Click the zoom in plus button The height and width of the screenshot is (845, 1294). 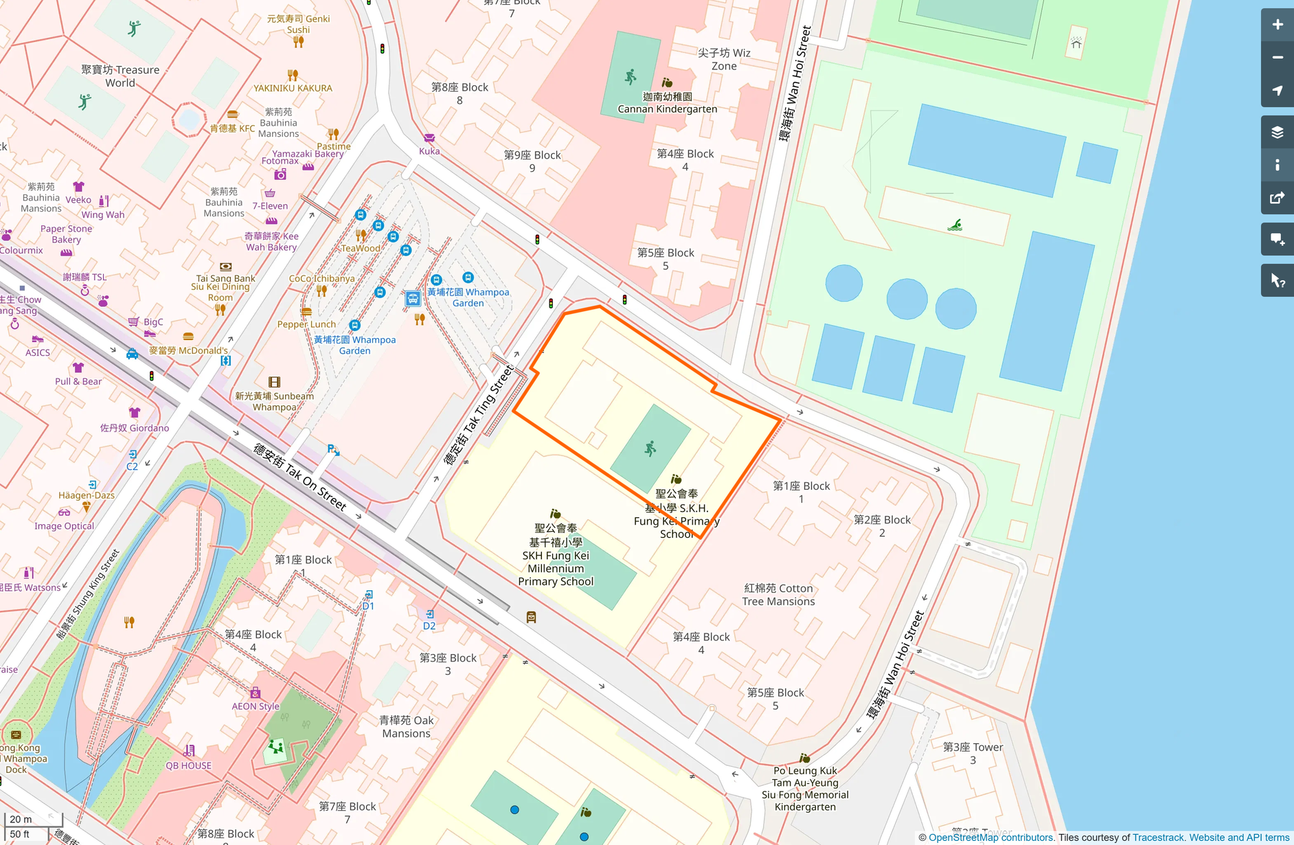click(x=1277, y=25)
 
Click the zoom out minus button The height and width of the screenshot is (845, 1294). click(x=1277, y=58)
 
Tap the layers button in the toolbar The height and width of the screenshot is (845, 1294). click(x=1277, y=133)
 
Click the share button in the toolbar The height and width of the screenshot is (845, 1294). click(x=1277, y=199)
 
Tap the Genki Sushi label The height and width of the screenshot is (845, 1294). click(x=298, y=24)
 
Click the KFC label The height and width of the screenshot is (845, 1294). click(x=232, y=128)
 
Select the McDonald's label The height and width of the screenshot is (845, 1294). click(x=189, y=350)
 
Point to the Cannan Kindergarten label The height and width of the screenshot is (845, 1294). click(x=667, y=103)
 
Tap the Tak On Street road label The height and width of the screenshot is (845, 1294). click(x=299, y=477)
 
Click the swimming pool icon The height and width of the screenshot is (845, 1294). click(x=955, y=225)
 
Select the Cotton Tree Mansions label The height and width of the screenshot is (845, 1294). click(x=778, y=595)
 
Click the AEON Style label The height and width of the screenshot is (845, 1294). click(x=256, y=706)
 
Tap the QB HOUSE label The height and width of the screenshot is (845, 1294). click(x=188, y=765)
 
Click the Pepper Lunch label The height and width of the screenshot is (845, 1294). click(x=306, y=324)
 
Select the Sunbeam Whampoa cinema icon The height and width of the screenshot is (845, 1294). click(x=274, y=382)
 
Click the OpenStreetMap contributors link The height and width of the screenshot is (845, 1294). click(x=990, y=837)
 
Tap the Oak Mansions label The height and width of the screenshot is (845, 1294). click(x=407, y=727)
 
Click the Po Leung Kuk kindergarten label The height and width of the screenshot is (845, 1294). click(x=805, y=789)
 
